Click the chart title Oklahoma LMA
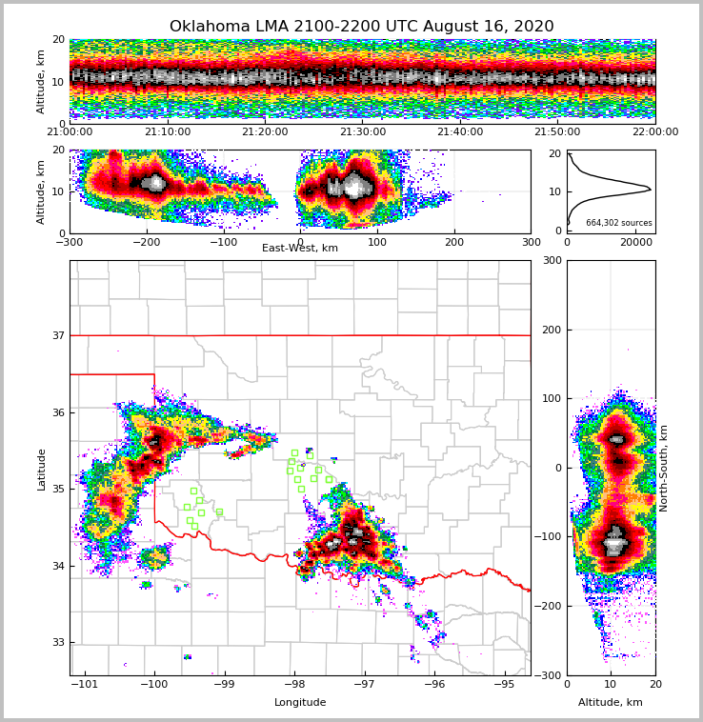pos(361,27)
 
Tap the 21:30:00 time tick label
pos(363,132)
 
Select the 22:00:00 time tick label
pos(654,132)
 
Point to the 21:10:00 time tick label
pos(167,132)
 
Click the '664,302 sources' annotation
pos(618,223)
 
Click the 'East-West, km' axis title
pos(299,249)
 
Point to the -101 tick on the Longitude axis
pos(86,685)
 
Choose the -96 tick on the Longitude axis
pos(434,685)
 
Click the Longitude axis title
pos(300,703)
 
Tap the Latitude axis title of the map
pos(41,469)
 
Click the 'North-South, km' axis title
pos(664,468)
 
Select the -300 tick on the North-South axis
pos(551,675)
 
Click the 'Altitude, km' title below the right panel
pos(610,703)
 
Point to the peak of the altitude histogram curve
pos(651,190)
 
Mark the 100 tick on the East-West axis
pos(377,242)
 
